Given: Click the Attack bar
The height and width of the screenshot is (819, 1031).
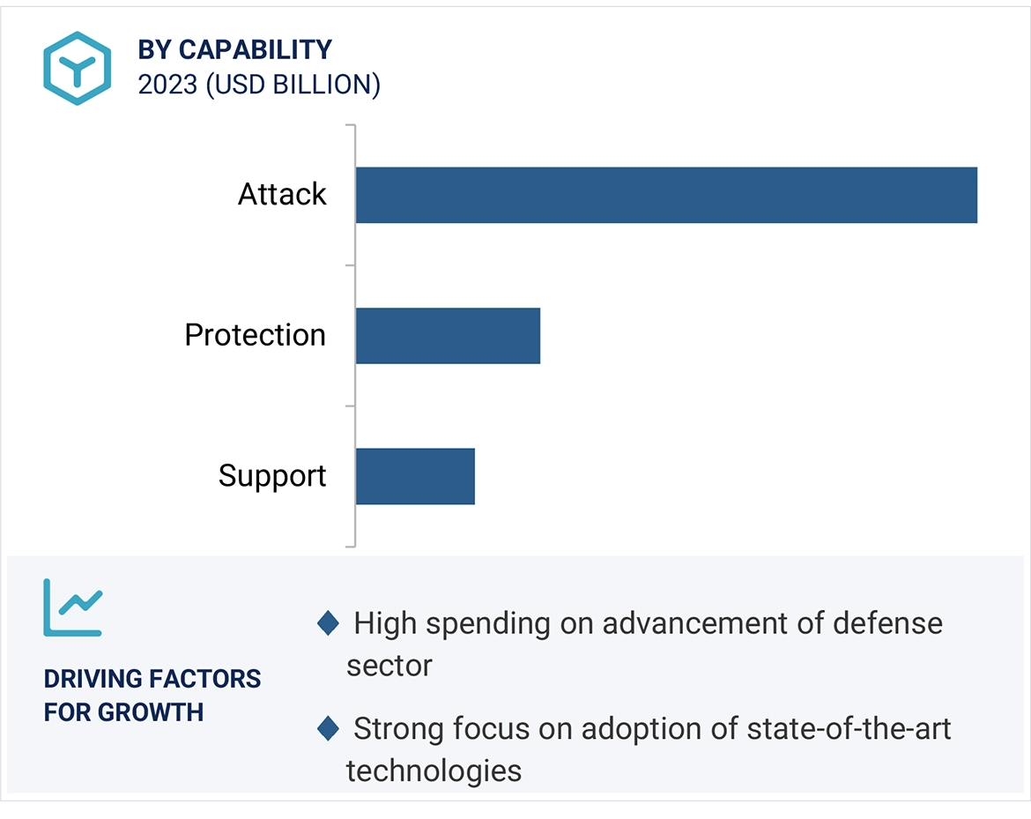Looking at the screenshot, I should (666, 195).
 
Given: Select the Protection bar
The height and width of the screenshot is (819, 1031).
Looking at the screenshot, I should (448, 336).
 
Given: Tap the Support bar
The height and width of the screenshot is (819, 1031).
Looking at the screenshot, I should (415, 476).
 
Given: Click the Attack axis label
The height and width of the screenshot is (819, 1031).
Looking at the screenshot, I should (282, 195).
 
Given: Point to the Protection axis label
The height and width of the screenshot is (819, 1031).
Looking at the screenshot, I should (256, 336).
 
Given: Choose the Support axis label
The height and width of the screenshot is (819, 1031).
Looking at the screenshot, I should (272, 476).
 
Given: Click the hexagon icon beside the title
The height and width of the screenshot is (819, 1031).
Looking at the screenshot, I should (78, 68).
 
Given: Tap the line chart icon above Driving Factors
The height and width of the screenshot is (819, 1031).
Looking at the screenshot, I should (73, 607).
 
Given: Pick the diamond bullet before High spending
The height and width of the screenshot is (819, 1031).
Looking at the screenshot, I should (328, 624).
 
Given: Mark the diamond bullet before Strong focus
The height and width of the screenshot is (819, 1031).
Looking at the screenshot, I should (328, 729).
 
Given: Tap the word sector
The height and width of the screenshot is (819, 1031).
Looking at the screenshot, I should (389, 666).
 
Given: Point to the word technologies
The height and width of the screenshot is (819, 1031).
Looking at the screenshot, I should (434, 771).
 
